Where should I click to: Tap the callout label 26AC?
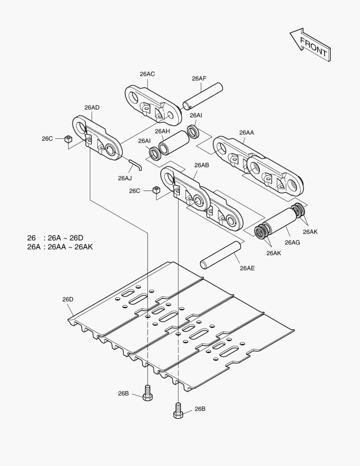[147, 74]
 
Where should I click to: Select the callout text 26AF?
[199, 78]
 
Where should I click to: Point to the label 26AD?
[92, 107]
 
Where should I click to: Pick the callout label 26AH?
[163, 131]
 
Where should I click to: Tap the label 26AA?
[247, 132]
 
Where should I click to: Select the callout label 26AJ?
[125, 178]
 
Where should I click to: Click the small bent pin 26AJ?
[134, 164]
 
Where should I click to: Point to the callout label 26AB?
[201, 165]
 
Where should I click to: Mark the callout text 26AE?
[247, 268]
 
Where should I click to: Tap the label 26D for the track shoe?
[68, 299]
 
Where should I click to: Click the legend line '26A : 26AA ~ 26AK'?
[60, 247]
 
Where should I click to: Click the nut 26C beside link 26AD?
[67, 139]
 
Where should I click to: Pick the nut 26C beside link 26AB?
[157, 190]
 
